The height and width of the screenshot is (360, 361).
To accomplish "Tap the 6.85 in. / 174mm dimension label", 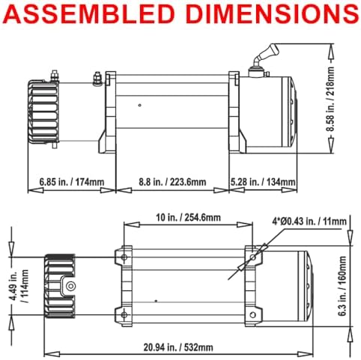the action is pyautogui.click(x=72, y=182).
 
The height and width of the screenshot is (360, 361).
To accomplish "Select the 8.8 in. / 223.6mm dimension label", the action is pyautogui.click(x=172, y=182).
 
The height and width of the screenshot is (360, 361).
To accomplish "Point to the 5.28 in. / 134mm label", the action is pyautogui.click(x=263, y=182).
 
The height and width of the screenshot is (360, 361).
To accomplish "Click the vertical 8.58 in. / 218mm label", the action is pyautogui.click(x=330, y=99).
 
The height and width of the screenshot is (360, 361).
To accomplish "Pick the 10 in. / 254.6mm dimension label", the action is pyautogui.click(x=189, y=217).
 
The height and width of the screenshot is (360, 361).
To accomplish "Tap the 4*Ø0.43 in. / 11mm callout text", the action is pyautogui.click(x=309, y=221).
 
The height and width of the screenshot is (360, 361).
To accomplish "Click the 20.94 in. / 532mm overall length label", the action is pyautogui.click(x=178, y=347).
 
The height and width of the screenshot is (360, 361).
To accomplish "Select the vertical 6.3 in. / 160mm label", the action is pyautogui.click(x=342, y=286).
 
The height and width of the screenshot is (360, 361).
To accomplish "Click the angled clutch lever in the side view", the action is pyautogui.click(x=267, y=53).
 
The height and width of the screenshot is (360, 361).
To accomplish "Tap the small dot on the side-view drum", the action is pyautogui.click(x=140, y=106).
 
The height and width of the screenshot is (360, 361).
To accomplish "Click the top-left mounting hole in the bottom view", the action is pyautogui.click(x=124, y=257).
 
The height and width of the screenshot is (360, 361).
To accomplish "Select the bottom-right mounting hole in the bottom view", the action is pyautogui.click(x=252, y=315).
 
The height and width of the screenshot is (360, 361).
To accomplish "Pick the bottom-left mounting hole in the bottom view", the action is pyautogui.click(x=124, y=315).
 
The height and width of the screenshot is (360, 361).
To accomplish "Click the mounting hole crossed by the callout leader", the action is pyautogui.click(x=252, y=257).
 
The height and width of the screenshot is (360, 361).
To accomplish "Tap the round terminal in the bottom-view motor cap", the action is pyautogui.click(x=71, y=286).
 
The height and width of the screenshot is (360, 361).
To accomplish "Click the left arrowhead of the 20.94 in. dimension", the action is pyautogui.click(x=52, y=354).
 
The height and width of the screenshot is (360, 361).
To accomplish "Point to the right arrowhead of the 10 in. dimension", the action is pyautogui.click(x=245, y=225).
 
